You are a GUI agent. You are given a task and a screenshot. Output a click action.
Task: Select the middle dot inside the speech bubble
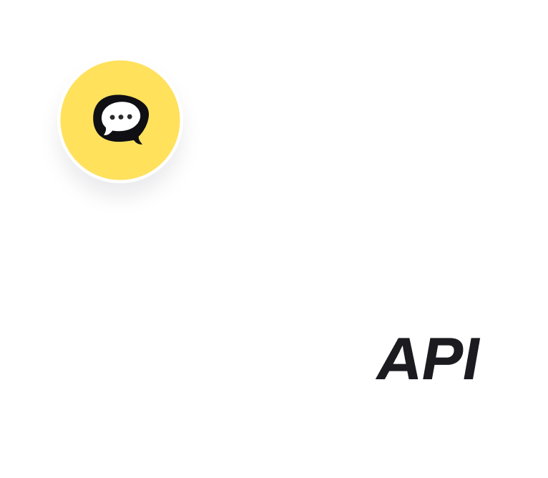(119, 116)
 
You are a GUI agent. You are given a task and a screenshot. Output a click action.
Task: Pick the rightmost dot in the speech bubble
(127, 116)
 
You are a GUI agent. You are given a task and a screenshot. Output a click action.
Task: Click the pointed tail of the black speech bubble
(137, 140)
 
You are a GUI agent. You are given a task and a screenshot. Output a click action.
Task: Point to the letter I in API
(468, 359)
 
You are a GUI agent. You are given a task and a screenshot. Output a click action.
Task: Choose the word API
(428, 359)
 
